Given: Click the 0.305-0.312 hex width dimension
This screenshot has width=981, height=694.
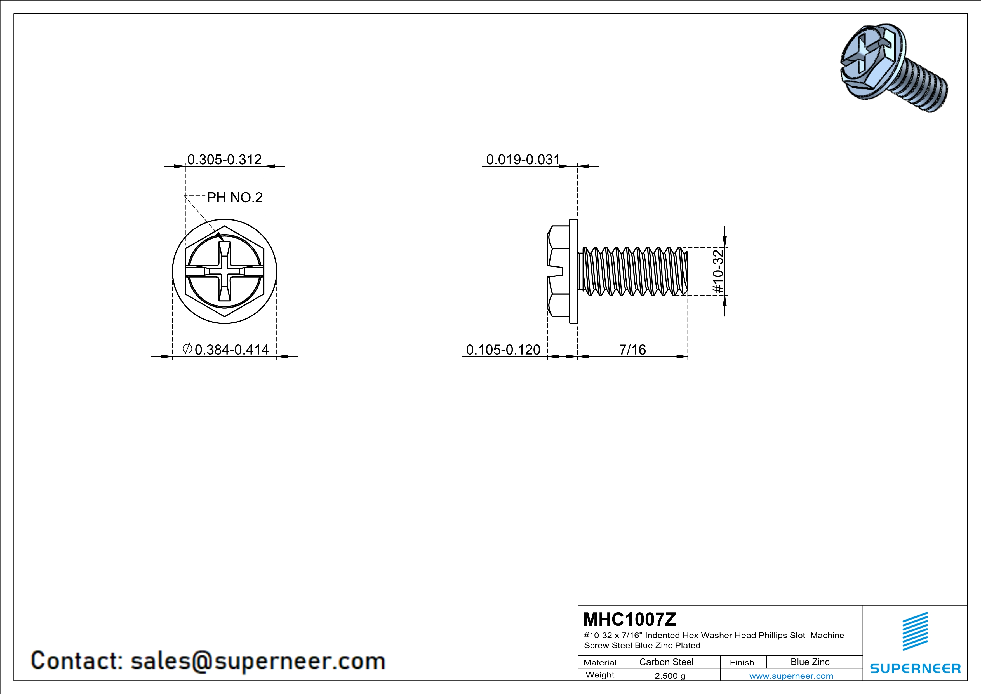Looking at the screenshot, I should coord(224,160).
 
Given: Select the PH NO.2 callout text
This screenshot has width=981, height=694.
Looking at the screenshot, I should coord(235,198).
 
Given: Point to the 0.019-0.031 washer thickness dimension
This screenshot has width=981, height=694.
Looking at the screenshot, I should coord(523,160).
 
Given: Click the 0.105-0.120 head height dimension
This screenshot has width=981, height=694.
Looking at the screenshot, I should coord(503,350).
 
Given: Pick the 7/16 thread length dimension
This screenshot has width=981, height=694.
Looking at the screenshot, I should coord(632,350).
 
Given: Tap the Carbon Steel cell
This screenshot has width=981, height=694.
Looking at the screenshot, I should coord(666,662).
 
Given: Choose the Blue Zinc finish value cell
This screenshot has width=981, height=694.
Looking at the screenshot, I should coord(810,662).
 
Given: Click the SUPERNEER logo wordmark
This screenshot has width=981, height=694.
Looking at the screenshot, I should coord(915,668).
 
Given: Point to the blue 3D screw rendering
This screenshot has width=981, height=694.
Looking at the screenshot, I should coord(891,68).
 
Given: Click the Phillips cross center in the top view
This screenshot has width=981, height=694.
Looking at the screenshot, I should coord(224,271).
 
